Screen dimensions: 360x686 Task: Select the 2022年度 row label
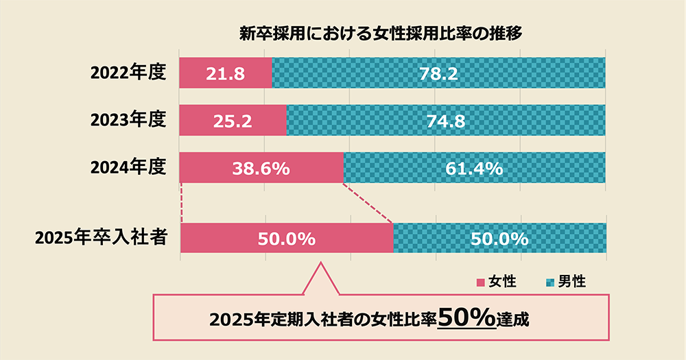pyautogui.click(x=129, y=73)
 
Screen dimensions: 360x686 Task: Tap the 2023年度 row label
pyautogui.click(x=129, y=121)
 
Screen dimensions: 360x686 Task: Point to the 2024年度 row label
pyautogui.click(x=129, y=167)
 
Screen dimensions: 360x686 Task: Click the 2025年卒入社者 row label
pyautogui.click(x=102, y=239)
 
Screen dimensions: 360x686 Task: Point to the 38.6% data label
pyautogui.click(x=261, y=168)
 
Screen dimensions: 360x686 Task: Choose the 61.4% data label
pyautogui.click(x=475, y=168)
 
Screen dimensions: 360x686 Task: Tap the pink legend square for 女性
pyautogui.click(x=480, y=283)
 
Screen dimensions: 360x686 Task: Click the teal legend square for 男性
pyautogui.click(x=549, y=283)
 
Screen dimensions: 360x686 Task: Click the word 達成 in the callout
pyautogui.click(x=515, y=320)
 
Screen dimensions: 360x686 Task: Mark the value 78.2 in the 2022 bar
pyautogui.click(x=439, y=73)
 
